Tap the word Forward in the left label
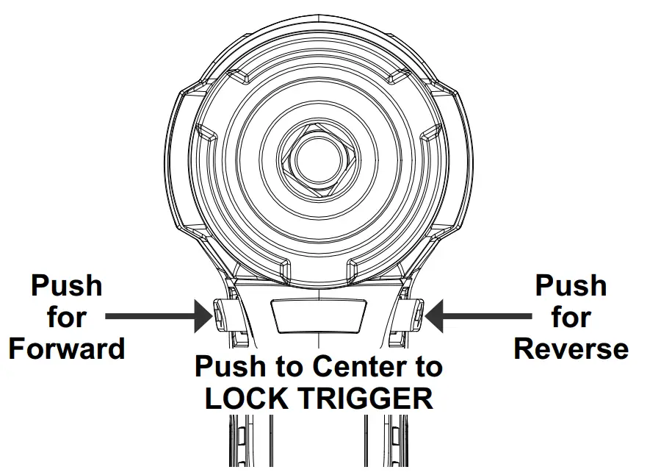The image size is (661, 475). coord(67,348)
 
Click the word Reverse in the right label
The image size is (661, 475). coord(571,348)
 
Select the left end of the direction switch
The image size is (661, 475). coord(222,316)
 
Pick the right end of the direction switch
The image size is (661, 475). coord(413,316)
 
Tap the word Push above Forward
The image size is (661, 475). coord(67,286)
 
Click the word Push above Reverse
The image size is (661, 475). coord(571,286)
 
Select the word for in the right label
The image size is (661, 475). coord(571,318)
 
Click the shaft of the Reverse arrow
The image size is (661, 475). coord(488,317)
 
